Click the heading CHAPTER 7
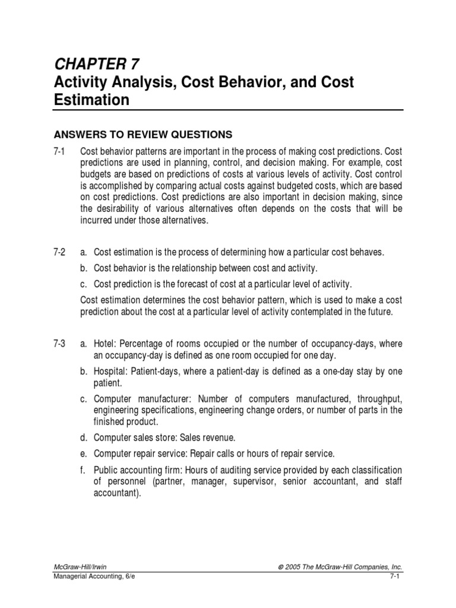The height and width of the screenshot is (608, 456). [97, 64]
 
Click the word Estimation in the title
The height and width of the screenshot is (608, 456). [92, 100]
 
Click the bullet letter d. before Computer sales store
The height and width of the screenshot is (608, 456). [84, 438]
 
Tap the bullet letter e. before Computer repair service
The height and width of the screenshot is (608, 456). [84, 454]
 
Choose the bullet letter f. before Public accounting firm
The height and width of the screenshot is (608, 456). [84, 470]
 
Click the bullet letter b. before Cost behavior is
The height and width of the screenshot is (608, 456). [84, 268]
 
